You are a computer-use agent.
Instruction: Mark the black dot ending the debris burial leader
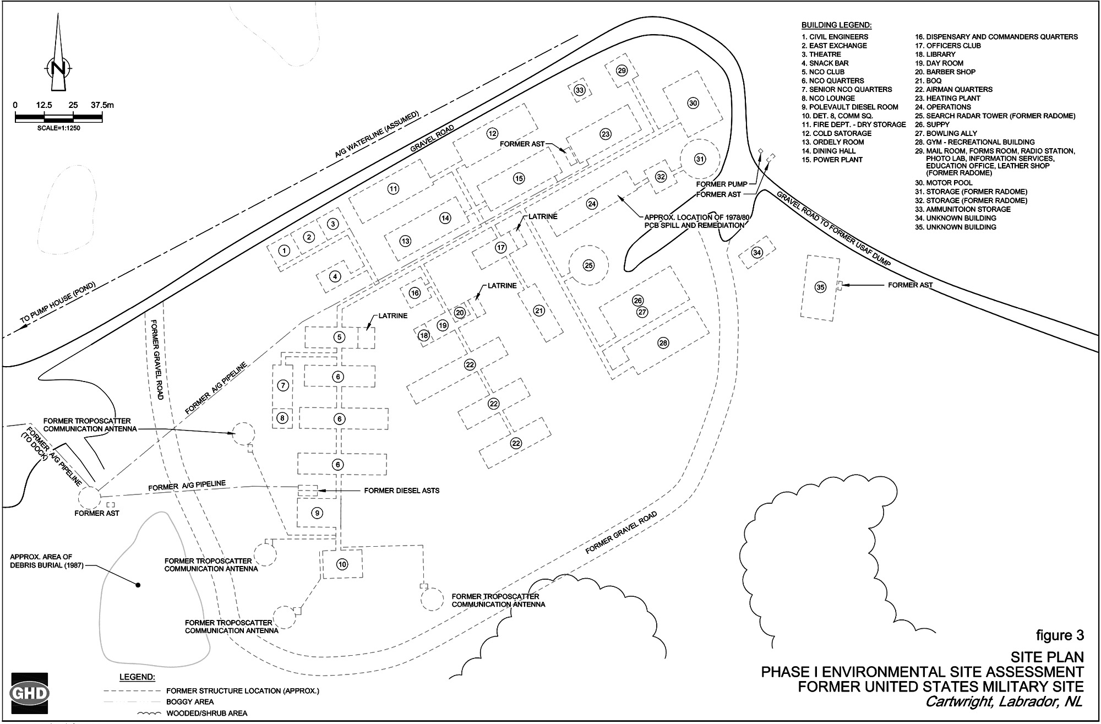(138, 585)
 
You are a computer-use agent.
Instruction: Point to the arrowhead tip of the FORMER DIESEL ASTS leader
(318, 490)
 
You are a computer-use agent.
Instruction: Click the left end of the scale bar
(15, 116)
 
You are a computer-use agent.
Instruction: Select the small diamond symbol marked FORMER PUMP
(760, 151)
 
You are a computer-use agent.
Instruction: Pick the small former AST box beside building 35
(840, 285)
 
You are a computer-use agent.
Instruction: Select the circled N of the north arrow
(57, 68)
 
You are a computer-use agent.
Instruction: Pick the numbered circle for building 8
(282, 418)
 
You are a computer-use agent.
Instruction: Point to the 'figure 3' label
(1060, 635)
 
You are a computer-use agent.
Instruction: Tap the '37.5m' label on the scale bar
(102, 105)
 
